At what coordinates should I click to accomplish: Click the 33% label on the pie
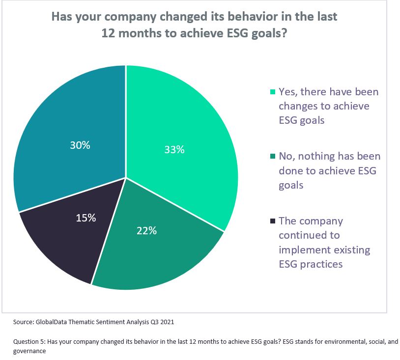click(x=174, y=150)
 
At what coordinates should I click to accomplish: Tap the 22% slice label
click(x=146, y=230)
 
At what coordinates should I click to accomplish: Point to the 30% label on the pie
click(x=80, y=145)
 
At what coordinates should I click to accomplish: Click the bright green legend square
click(x=273, y=92)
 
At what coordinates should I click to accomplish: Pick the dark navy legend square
click(x=273, y=221)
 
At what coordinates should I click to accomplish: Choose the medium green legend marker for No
click(x=273, y=157)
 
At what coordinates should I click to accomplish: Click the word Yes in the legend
click(x=288, y=91)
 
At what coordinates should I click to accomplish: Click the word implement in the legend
click(x=305, y=249)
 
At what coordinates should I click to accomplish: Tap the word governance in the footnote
click(x=29, y=351)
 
